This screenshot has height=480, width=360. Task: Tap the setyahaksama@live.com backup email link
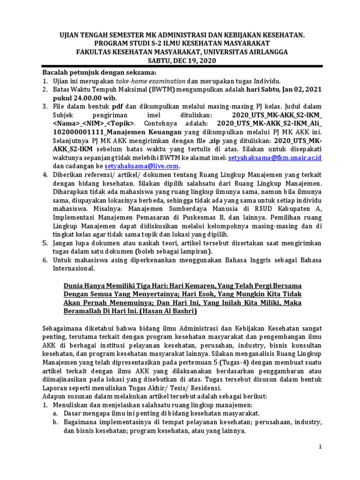point(142,166)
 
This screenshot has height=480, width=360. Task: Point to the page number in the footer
point(320,447)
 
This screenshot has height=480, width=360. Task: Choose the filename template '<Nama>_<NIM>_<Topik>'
point(95,124)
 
